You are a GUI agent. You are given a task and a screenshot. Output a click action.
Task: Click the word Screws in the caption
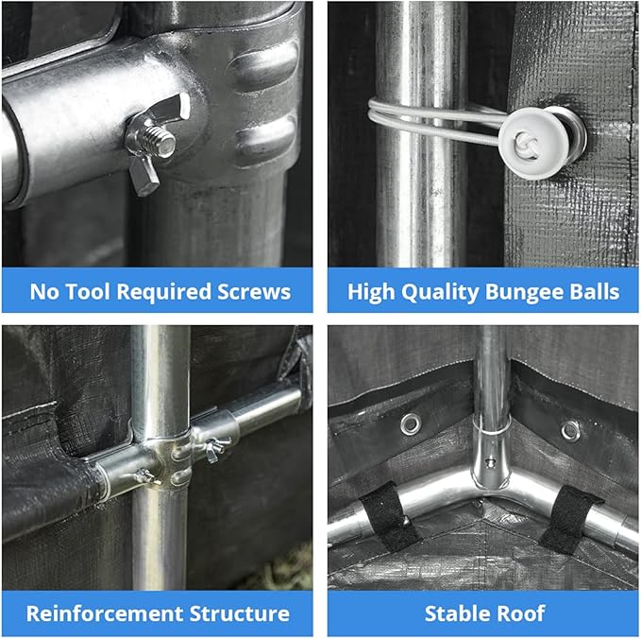(x=254, y=292)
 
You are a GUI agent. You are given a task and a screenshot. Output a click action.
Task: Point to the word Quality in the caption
(x=440, y=293)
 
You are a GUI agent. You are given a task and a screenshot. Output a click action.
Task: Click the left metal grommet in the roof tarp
(x=411, y=424)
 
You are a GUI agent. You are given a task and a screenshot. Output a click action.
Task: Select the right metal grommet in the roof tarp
(x=570, y=431)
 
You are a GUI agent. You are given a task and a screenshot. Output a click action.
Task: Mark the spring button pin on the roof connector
(x=489, y=463)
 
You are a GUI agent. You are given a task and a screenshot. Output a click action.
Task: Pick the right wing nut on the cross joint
(x=216, y=448)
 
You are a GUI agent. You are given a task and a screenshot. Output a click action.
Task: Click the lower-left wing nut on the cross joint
(x=146, y=476)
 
